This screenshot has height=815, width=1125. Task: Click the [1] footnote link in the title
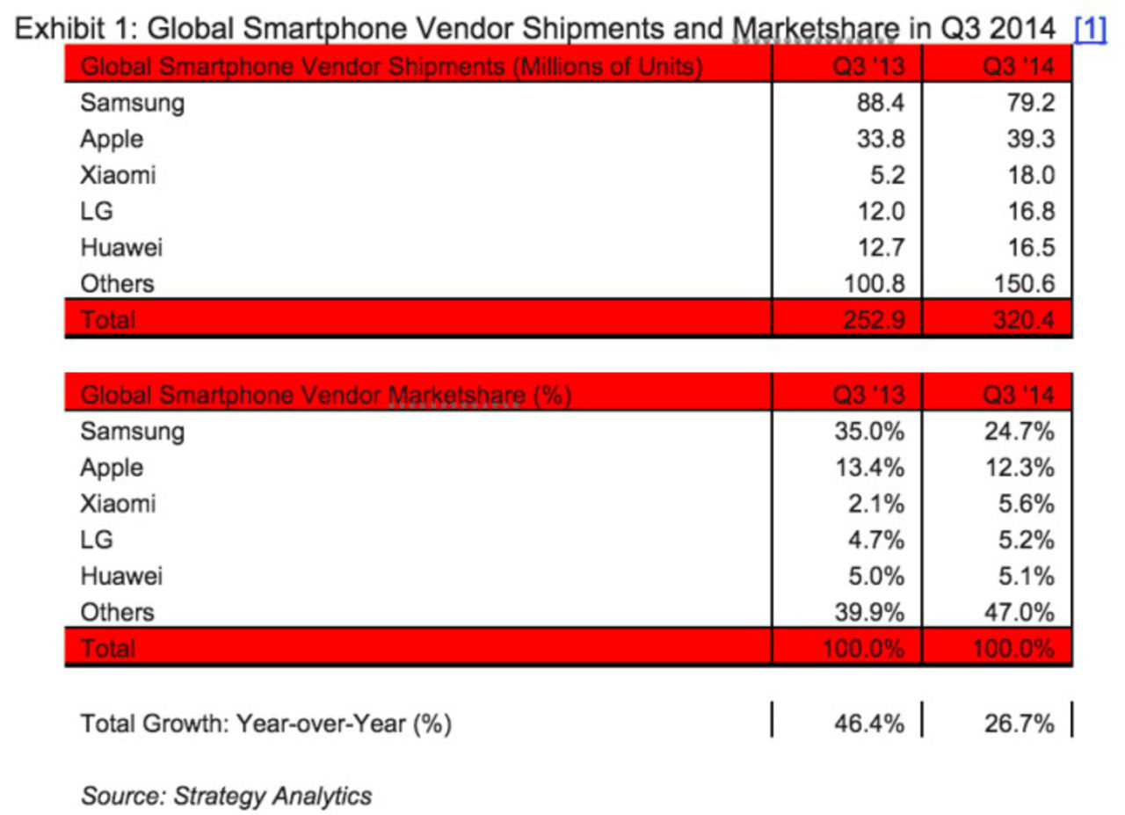click(1089, 29)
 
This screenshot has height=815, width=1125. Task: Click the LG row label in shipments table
click(97, 211)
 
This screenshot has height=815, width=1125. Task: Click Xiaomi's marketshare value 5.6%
click(1025, 504)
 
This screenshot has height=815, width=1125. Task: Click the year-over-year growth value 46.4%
click(868, 724)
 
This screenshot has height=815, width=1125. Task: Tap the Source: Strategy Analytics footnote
click(226, 796)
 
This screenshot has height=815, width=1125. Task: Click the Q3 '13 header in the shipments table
click(869, 67)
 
